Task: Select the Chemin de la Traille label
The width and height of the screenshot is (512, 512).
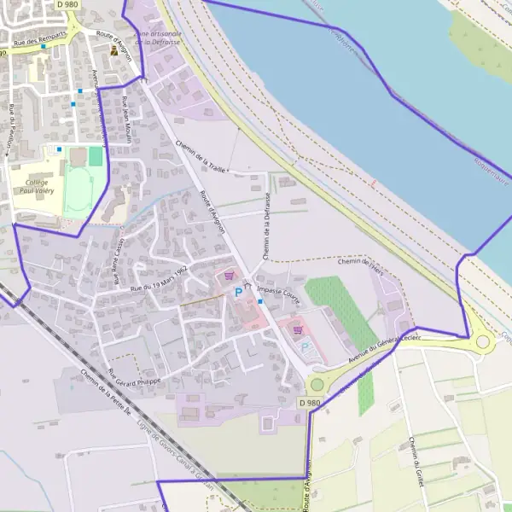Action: tap(201, 157)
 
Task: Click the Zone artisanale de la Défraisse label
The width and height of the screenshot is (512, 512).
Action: tap(158, 36)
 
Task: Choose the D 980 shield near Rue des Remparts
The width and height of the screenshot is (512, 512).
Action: tap(67, 4)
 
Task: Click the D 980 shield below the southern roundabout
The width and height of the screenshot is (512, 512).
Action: tap(311, 402)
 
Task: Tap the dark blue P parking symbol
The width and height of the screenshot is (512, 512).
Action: tap(238, 292)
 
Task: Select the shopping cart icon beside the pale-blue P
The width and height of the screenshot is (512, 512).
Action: tap(298, 329)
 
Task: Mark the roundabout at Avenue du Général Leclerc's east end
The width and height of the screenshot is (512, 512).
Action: tap(484, 342)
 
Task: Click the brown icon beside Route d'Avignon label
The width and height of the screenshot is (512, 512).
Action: tap(113, 50)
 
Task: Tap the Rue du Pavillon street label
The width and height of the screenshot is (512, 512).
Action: tap(13, 129)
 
